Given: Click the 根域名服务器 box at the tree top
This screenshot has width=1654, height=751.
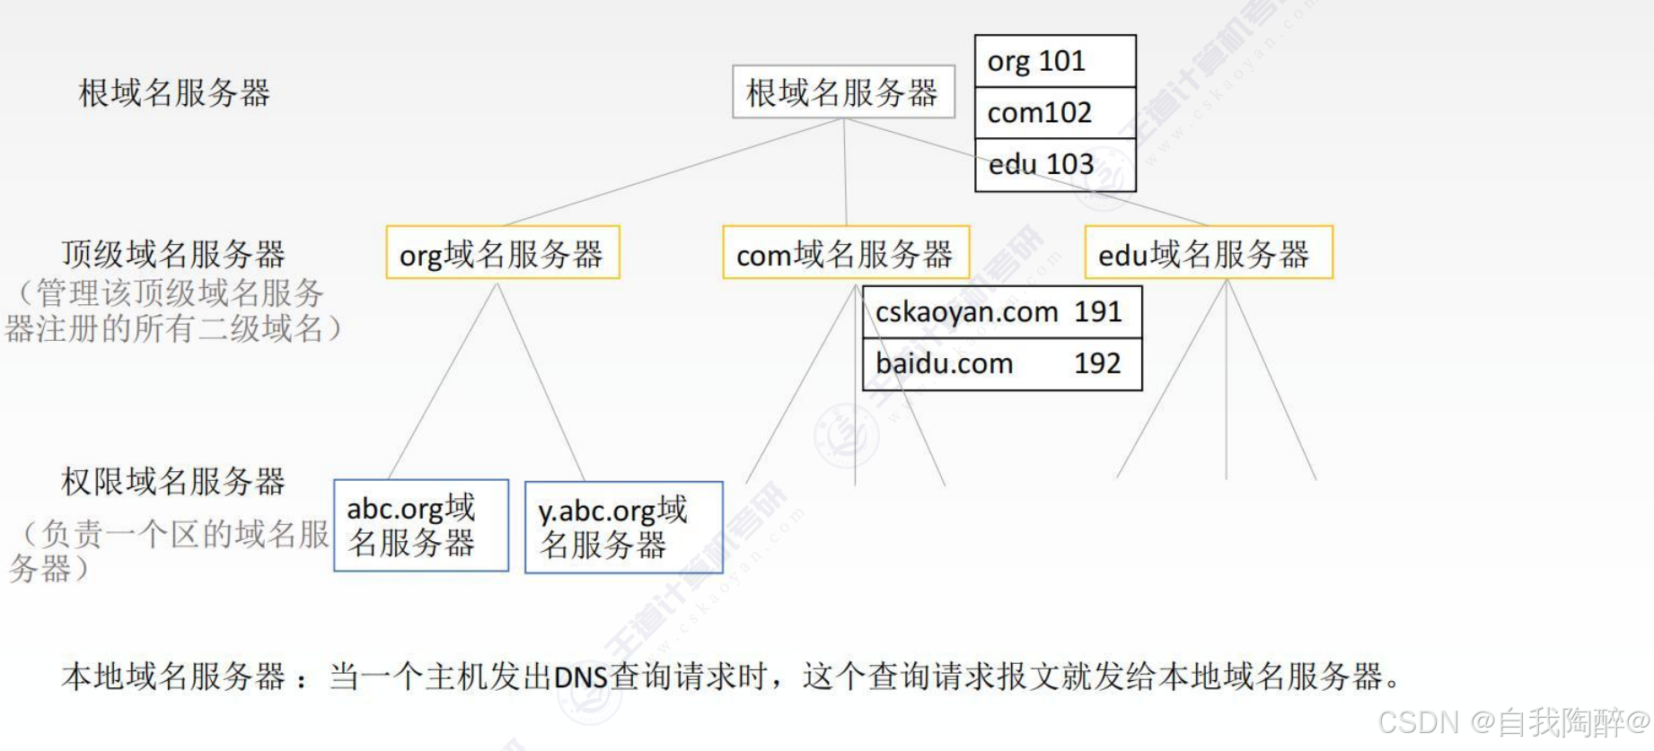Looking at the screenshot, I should click(x=842, y=92).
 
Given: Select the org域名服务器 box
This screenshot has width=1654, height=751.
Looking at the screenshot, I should click(x=502, y=253).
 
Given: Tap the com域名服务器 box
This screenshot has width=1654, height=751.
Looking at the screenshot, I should click(x=845, y=253).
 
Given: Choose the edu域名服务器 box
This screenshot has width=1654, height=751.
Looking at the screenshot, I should click(x=1208, y=253).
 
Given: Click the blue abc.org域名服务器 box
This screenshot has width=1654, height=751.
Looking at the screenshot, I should click(x=420, y=526).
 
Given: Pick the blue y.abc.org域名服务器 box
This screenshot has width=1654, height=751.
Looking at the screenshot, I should click(x=623, y=528).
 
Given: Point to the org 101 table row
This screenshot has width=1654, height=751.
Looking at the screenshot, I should click(x=1054, y=61).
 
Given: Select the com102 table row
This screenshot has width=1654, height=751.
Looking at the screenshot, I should click(x=1054, y=113).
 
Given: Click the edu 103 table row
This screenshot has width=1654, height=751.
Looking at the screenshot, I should click(x=1054, y=165).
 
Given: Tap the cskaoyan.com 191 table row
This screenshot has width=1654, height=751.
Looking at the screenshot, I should click(x=1001, y=312).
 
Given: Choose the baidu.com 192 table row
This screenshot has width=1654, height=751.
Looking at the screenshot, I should click(x=1001, y=364).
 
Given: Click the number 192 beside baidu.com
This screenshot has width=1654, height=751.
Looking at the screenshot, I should click(x=1097, y=363).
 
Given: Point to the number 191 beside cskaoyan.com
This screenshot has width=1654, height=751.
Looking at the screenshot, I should click(x=1097, y=311).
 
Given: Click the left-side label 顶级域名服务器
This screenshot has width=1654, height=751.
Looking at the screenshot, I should click(x=172, y=255).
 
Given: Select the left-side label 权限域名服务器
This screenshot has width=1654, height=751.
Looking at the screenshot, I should click(x=172, y=482).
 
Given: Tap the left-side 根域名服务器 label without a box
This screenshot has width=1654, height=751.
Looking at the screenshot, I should click(x=173, y=92).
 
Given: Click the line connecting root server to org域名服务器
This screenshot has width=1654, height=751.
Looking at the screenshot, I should click(x=673, y=171).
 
